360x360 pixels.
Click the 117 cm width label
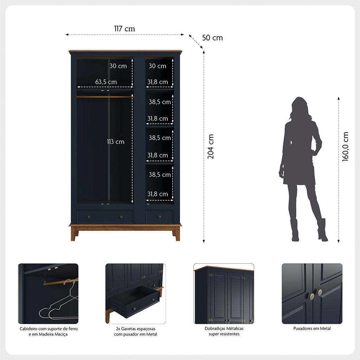coord(124,29)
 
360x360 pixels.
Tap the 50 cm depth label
coord(212,38)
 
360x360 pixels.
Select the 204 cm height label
coord(211,147)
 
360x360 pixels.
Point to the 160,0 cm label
coord(345,147)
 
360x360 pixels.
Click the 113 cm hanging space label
coord(115,142)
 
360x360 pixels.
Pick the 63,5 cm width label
coord(106,82)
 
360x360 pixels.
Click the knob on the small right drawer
coord(160,217)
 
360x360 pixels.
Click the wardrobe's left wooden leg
coord(73,234)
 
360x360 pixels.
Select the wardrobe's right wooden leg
coord(177,234)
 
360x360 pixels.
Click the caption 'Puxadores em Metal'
coord(312,328)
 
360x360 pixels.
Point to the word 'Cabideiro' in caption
coord(28,329)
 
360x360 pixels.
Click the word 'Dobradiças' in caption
coord(214,329)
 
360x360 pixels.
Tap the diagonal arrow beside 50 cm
coord(196,41)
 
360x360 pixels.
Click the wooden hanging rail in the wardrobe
coord(105,97)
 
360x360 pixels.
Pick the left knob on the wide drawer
coord(89,217)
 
